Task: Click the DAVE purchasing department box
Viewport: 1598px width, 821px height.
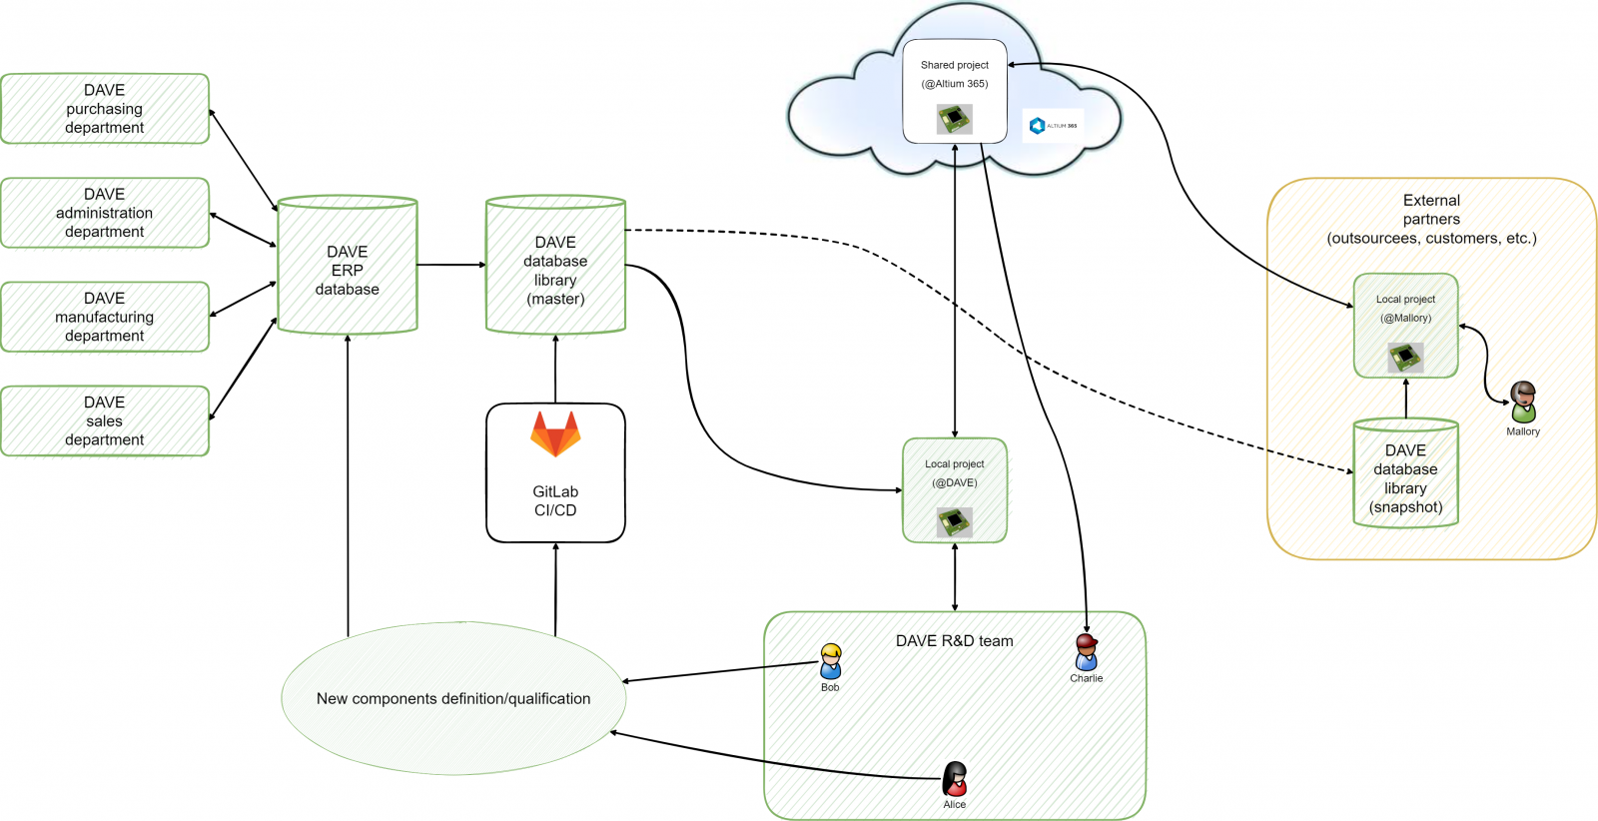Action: tap(105, 109)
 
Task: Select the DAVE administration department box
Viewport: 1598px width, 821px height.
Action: tap(105, 213)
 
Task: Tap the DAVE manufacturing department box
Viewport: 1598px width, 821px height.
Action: tap(105, 317)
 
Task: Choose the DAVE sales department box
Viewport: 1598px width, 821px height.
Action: tap(105, 420)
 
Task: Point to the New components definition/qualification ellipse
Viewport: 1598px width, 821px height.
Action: tap(453, 698)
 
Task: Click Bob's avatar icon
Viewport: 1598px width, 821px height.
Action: tap(830, 661)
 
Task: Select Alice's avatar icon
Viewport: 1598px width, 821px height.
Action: tap(955, 779)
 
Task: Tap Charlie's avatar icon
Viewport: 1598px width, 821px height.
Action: tap(1087, 652)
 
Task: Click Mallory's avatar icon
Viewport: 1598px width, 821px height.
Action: tap(1523, 403)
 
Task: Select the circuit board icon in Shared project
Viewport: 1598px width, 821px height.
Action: tap(955, 120)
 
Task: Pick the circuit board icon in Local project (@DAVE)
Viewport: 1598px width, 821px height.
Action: tap(955, 521)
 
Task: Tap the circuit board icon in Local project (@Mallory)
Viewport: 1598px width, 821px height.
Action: tap(1405, 357)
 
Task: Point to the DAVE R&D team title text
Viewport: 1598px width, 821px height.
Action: tap(954, 641)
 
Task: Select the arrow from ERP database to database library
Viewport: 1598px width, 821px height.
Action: tap(451, 265)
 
